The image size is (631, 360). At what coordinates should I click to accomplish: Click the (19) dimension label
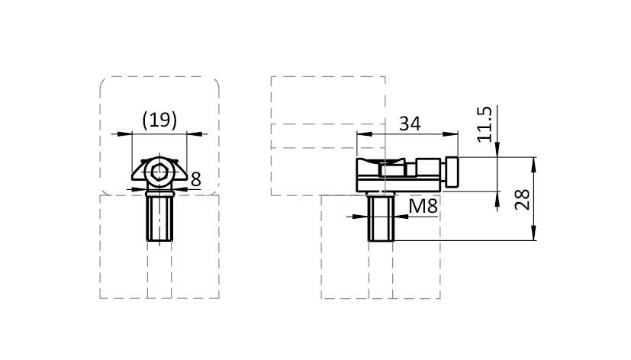(x=159, y=120)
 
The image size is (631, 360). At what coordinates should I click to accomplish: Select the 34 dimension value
(x=410, y=124)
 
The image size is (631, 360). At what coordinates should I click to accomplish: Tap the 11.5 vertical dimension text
(x=485, y=124)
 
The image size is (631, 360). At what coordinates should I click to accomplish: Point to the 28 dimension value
(x=523, y=200)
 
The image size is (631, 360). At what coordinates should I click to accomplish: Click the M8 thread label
(x=423, y=207)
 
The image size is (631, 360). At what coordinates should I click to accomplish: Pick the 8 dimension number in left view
(x=196, y=179)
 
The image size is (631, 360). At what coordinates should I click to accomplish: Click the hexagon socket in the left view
(x=159, y=172)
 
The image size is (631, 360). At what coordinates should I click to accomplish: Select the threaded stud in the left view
(x=159, y=217)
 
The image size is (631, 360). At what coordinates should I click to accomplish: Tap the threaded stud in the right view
(x=381, y=217)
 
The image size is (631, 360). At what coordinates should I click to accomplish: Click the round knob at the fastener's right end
(x=452, y=172)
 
